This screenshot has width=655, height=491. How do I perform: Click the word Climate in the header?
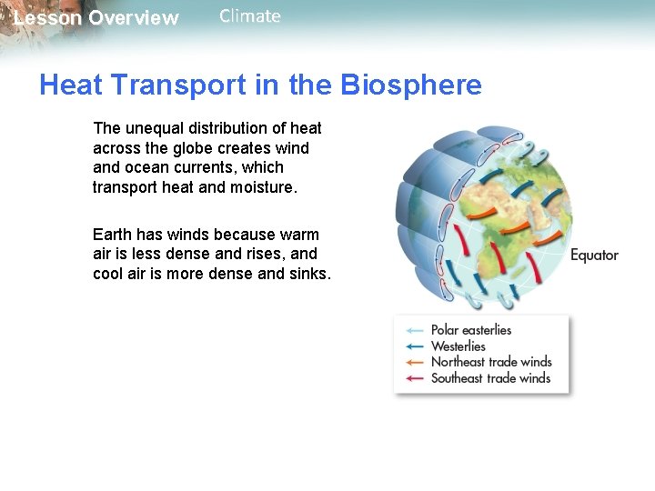coord(250,16)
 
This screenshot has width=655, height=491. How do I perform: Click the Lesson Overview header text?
coord(96,18)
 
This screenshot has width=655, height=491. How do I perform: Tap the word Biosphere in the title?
coord(411,85)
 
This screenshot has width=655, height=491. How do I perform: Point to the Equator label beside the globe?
coord(594,256)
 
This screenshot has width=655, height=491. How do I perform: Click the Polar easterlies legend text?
coord(471,330)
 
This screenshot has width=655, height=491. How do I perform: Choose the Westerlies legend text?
coord(458,346)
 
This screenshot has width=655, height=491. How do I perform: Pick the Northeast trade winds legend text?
coord(491,362)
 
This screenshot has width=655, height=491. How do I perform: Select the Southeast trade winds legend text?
coord(491,378)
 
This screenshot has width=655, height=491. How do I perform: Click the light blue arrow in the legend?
coord(415,331)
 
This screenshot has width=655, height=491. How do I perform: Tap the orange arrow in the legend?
coord(415,363)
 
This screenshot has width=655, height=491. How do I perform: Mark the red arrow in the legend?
coord(415,379)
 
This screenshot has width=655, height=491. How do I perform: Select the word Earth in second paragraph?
coord(113,235)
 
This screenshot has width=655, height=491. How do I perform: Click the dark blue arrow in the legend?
coord(415,346)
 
